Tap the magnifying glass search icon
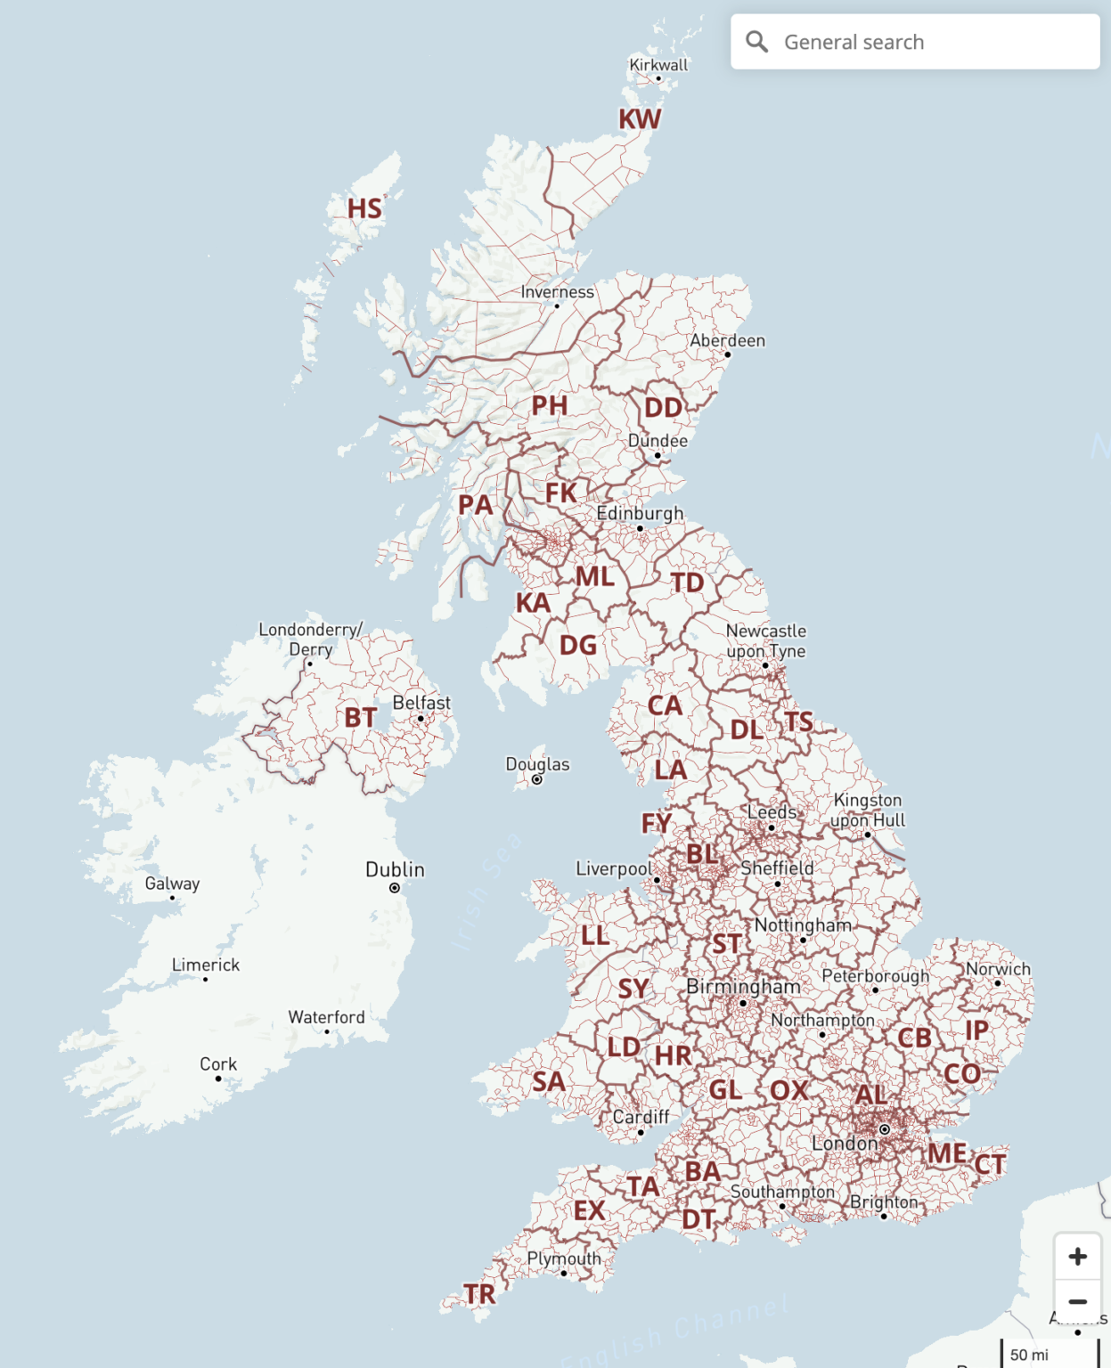(x=757, y=42)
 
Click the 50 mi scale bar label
(x=1029, y=1355)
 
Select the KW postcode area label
(x=640, y=119)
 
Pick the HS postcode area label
(x=364, y=209)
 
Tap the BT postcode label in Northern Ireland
(x=361, y=717)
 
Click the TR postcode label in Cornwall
(x=479, y=1294)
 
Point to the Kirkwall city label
(x=658, y=65)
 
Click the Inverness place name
(x=557, y=292)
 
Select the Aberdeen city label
(x=727, y=341)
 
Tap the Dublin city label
(x=395, y=869)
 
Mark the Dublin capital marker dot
(x=395, y=888)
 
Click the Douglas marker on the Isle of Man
(x=537, y=780)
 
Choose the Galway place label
(x=172, y=883)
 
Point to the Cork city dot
(x=218, y=1079)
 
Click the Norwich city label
(x=998, y=969)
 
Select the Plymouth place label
(x=563, y=1258)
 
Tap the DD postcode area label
(x=663, y=408)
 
